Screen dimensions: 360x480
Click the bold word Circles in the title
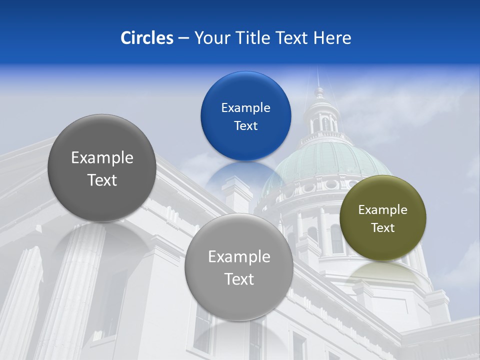click(147, 38)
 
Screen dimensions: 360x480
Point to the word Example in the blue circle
click(245, 107)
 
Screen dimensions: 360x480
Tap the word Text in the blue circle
click(245, 125)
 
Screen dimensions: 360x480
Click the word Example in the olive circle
click(382, 209)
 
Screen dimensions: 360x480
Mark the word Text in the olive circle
click(382, 227)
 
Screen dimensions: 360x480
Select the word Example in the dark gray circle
click(102, 157)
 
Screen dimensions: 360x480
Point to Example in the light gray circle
click(239, 256)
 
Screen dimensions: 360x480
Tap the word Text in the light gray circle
click(239, 278)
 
